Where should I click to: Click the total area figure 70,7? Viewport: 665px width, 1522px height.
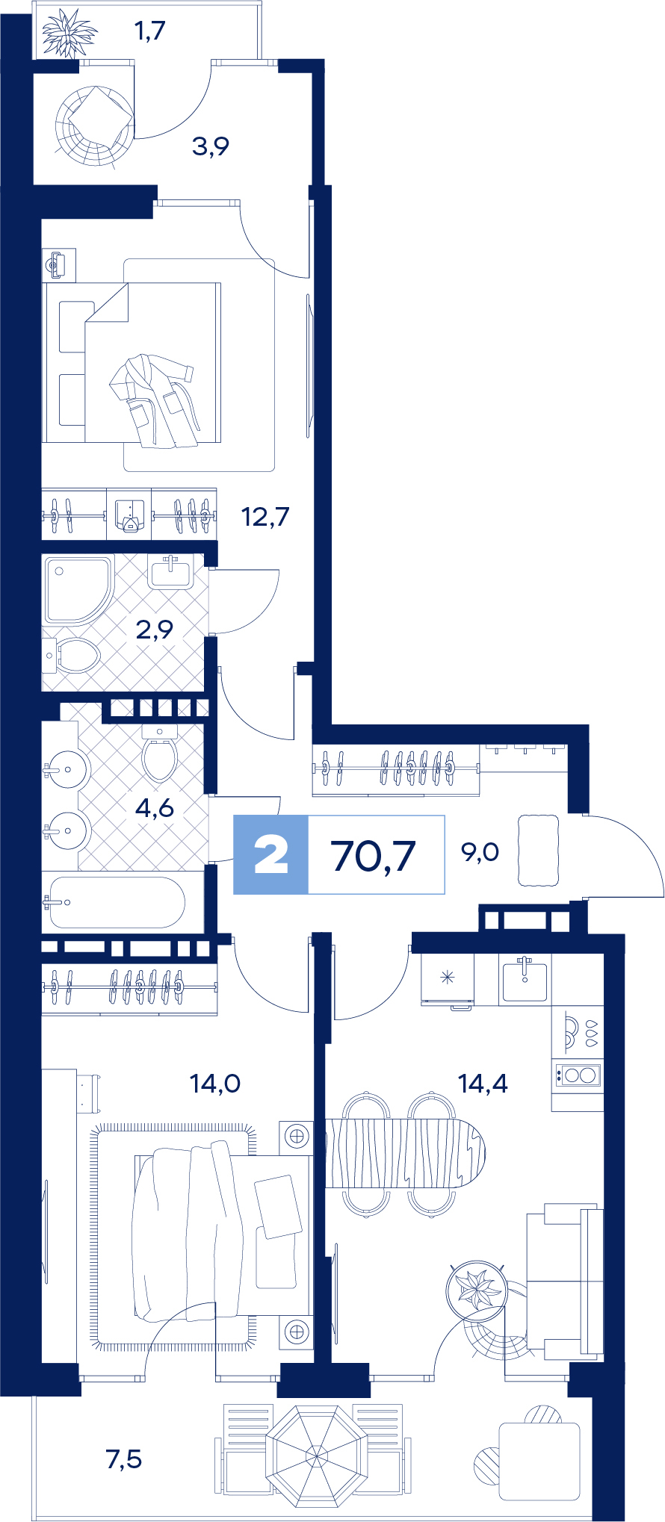pyautogui.click(x=373, y=855)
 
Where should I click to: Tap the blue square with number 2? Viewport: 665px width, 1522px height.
pyautogui.click(x=270, y=855)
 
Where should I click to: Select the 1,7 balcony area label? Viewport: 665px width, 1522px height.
pyautogui.click(x=149, y=31)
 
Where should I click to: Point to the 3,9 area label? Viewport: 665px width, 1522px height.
pyautogui.click(x=210, y=146)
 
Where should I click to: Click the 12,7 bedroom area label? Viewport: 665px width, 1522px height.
pyautogui.click(x=265, y=516)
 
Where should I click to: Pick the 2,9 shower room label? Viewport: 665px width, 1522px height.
pyautogui.click(x=155, y=630)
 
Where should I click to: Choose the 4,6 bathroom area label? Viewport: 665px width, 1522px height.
pyautogui.click(x=155, y=807)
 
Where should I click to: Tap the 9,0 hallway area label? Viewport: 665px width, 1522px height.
pyautogui.click(x=480, y=851)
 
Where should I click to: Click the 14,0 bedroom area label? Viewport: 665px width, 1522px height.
pyautogui.click(x=214, y=1082)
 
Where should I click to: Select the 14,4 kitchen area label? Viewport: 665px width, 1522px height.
pyautogui.click(x=483, y=1082)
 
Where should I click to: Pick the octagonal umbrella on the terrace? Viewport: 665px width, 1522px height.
pyautogui.click(x=317, y=1456)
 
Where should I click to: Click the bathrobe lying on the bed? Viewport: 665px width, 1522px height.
pyautogui.click(x=153, y=400)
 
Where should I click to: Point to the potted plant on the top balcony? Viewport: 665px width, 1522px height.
pyautogui.click(x=69, y=34)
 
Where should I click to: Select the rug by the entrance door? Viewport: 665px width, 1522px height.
pyautogui.click(x=539, y=851)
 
